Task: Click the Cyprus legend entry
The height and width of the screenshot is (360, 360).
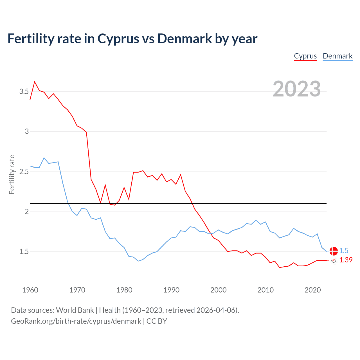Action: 305,56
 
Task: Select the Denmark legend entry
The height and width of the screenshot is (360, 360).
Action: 337,56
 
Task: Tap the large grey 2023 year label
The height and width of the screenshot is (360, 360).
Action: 297,89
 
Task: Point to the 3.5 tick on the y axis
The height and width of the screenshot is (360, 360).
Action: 24,92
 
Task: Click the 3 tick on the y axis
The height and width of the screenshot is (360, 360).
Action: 27,132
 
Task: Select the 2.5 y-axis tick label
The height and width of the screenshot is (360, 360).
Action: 24,172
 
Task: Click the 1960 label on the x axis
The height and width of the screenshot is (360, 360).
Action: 30,290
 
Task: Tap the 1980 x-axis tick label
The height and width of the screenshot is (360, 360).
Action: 124,290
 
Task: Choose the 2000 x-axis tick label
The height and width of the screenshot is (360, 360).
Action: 218,290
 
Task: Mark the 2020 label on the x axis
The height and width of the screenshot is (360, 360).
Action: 312,290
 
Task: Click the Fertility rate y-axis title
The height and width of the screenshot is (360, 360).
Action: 12,174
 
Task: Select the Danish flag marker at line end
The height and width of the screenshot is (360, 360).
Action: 334,251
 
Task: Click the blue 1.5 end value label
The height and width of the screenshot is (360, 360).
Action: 344,251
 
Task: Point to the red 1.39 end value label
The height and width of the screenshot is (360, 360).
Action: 346,260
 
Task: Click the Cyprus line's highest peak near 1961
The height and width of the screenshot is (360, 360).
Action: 35,82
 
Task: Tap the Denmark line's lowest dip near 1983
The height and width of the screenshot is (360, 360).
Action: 138,261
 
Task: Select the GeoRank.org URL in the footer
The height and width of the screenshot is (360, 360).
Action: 76,321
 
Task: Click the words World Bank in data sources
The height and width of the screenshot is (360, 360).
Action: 75,310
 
